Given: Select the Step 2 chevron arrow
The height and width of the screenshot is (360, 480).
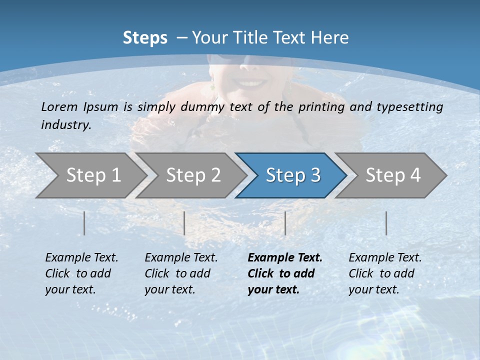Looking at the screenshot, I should (193, 175).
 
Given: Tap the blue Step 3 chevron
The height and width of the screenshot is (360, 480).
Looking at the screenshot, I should (293, 175).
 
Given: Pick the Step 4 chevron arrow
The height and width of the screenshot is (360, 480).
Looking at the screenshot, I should (393, 175).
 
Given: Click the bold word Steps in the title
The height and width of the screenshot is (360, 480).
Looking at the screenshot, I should (145, 38).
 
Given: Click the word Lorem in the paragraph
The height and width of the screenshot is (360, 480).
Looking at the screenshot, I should (59, 106).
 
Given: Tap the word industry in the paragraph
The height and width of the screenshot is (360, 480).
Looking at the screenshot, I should (65, 124).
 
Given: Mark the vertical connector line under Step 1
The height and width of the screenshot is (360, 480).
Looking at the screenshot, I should (84, 223).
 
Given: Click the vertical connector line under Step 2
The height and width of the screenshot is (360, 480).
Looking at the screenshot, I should (184, 223).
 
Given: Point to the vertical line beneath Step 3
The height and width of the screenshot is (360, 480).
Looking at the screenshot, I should (285, 223).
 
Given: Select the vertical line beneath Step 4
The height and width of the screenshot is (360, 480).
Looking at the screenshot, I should (386, 223).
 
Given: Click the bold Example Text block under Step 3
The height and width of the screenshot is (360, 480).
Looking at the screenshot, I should (284, 273).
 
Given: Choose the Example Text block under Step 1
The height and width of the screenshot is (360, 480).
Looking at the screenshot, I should (81, 273).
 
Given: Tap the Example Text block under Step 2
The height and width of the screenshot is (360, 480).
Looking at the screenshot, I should (181, 273).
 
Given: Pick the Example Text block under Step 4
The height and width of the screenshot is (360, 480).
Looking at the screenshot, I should (385, 273).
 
